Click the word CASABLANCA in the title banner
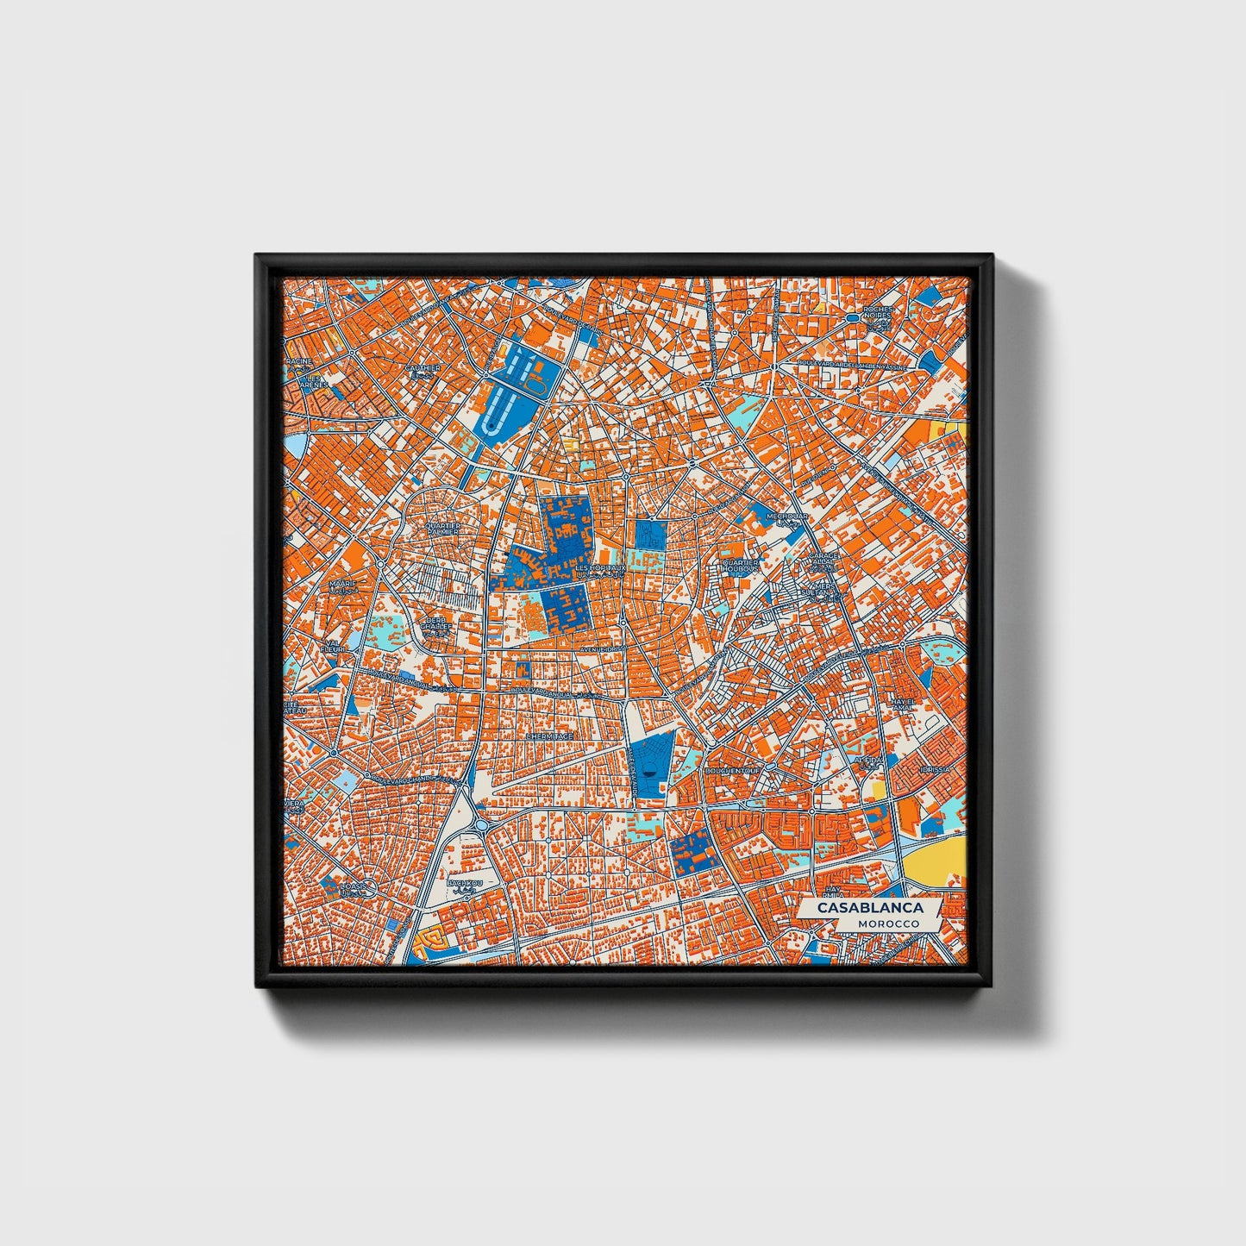tap(870, 908)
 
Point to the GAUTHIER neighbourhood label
tap(423, 368)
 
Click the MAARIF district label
tap(342, 585)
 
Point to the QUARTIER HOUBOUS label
tap(740, 566)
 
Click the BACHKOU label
tap(466, 884)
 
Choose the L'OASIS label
tap(353, 886)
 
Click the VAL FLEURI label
tap(333, 644)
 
